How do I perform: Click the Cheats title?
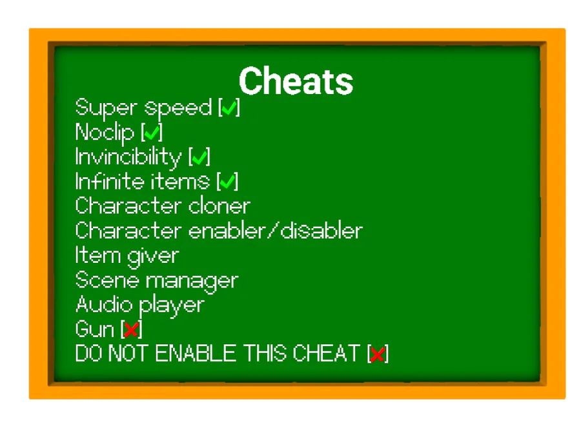(296, 81)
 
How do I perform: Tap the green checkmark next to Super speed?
(229, 108)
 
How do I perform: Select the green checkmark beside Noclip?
(152, 132)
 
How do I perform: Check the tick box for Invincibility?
(199, 157)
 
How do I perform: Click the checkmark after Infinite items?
(227, 182)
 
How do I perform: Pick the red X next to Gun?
(131, 329)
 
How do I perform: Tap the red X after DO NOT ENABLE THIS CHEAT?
(378, 354)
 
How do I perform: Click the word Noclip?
(105, 132)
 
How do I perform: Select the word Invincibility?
(128, 157)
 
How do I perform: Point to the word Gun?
(94, 329)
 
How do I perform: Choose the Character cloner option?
(163, 206)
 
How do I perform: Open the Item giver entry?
(127, 256)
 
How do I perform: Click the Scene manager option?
(157, 280)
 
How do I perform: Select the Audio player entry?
(140, 305)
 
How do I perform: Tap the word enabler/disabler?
(276, 231)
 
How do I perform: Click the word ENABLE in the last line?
(196, 353)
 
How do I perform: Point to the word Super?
(106, 108)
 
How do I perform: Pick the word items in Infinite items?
(179, 181)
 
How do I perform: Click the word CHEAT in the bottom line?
(327, 353)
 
